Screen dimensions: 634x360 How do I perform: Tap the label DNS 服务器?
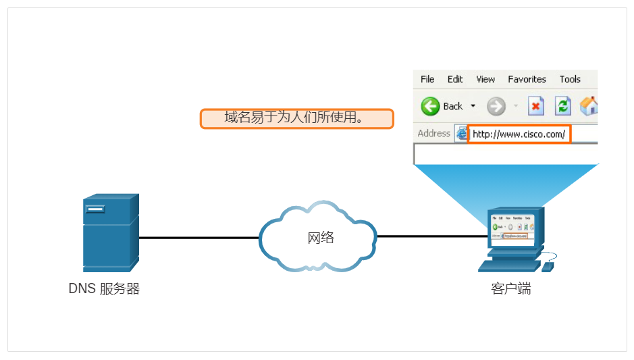tap(104, 289)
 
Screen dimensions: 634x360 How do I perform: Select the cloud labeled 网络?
tap(318, 237)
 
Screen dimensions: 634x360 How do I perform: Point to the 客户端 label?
tap(510, 289)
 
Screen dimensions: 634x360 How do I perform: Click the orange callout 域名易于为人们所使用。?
tap(296, 119)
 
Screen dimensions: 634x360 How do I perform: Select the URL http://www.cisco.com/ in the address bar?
tap(519, 134)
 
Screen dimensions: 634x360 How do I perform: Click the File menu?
tap(427, 79)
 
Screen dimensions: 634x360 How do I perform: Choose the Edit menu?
tap(455, 79)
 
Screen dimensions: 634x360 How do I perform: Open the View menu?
tap(485, 79)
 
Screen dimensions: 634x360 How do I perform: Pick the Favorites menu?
tap(527, 79)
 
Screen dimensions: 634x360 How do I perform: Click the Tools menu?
tap(570, 79)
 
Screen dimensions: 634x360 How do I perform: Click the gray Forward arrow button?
tap(496, 106)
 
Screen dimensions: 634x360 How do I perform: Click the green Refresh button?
tap(562, 106)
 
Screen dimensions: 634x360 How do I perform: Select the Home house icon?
tap(589, 105)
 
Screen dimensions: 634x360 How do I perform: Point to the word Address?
tap(433, 133)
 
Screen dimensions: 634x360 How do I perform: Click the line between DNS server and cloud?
tap(199, 238)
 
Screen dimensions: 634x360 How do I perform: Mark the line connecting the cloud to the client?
tap(432, 237)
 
